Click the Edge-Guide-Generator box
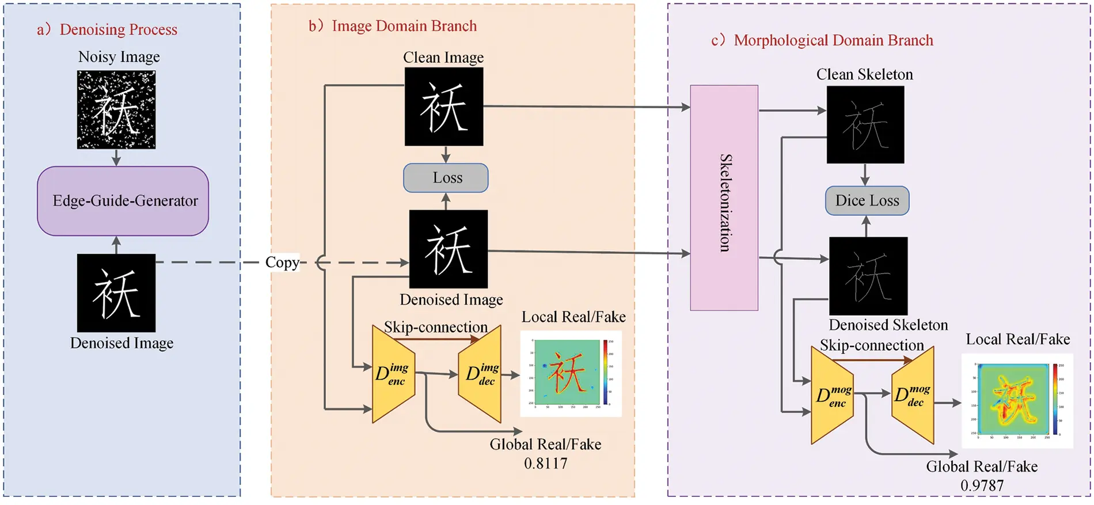tap(123, 201)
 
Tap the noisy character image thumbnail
tap(116, 110)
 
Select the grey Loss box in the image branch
tap(446, 178)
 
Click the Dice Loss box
tap(867, 201)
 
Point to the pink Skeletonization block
tap(724, 198)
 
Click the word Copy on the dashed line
tap(282, 263)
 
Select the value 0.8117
tap(545, 464)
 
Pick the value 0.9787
tap(982, 485)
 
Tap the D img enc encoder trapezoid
tap(393, 374)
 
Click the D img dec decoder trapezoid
tap(481, 374)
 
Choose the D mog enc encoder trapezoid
tap(832, 396)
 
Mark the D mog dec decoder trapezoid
tap(913, 396)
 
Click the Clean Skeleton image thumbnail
tap(865, 125)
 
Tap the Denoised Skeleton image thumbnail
tap(868, 276)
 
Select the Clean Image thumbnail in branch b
tap(443, 107)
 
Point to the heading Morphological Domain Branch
tap(833, 40)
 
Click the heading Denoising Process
tap(118, 29)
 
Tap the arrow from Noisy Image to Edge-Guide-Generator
tap(116, 158)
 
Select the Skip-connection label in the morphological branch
tap(872, 345)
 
